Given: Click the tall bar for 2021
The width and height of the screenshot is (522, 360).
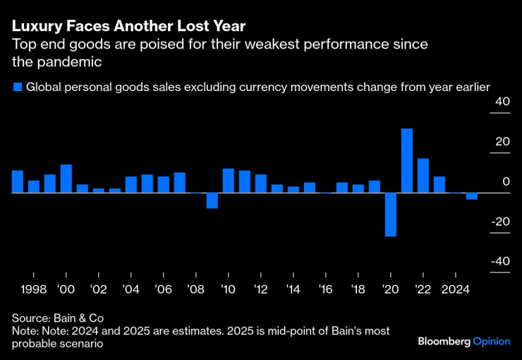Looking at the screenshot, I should pyautogui.click(x=407, y=160).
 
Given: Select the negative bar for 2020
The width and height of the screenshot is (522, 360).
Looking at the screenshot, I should pyautogui.click(x=391, y=214).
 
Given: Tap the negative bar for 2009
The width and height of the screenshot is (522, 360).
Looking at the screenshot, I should pyautogui.click(x=212, y=200).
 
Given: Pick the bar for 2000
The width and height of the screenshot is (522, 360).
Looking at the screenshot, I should pyautogui.click(x=66, y=179).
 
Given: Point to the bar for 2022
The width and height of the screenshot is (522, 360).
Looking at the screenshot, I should pyautogui.click(x=423, y=175).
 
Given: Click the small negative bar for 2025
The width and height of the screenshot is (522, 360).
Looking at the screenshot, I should pyautogui.click(x=472, y=196).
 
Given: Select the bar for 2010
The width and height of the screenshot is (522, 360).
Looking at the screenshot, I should pyautogui.click(x=228, y=181).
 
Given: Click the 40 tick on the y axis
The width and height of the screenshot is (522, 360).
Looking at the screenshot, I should pyautogui.click(x=502, y=102).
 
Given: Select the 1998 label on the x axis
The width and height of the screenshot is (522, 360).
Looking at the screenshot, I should pyautogui.click(x=34, y=289).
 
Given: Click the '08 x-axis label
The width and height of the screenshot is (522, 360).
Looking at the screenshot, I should pyautogui.click(x=195, y=289).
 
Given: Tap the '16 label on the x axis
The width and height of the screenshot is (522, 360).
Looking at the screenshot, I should pyautogui.click(x=325, y=289).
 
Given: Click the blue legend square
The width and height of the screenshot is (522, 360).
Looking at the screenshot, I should pyautogui.click(x=17, y=87).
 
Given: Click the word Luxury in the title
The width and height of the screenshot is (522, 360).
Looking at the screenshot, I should pyautogui.click(x=33, y=26).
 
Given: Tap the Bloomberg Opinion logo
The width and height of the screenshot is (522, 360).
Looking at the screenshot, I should pyautogui.click(x=463, y=342).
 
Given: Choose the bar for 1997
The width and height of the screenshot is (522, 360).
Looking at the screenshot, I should pyautogui.click(x=18, y=181).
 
